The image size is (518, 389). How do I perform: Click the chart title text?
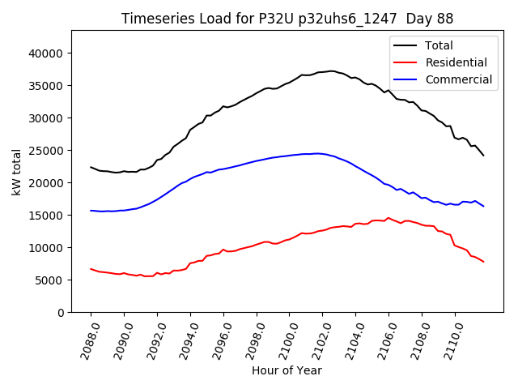pos(287,18)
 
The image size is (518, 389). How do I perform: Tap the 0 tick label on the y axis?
pos(62,313)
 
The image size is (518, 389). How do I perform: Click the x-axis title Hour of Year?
pos(287,370)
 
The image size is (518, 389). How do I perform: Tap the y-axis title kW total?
pos(16,171)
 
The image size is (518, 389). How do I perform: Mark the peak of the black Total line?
pos(332,71)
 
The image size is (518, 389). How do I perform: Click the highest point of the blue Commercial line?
pos(317,153)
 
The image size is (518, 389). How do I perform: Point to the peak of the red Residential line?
pos(388,217)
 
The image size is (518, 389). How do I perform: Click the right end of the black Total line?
pos(484,155)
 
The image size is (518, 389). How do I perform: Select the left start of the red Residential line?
pos(91,268)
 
